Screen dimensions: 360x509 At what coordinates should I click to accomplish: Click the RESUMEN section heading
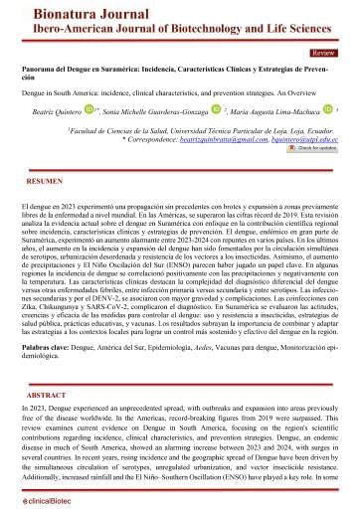point(46,184)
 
